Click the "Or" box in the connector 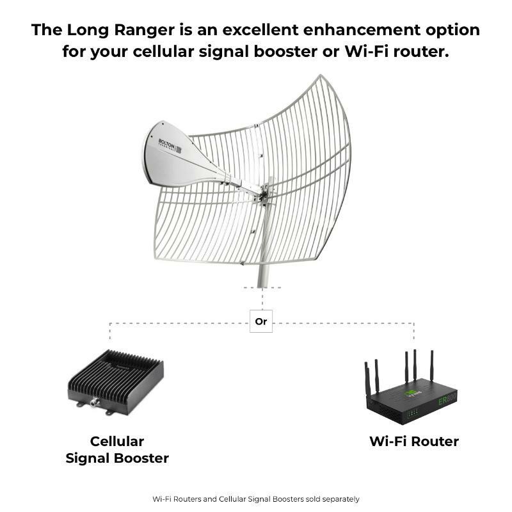[260, 321]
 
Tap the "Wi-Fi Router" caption [414, 441]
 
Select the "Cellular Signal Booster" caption [117, 449]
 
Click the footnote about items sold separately [256, 499]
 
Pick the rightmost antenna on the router [432, 368]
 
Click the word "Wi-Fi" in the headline [368, 52]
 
